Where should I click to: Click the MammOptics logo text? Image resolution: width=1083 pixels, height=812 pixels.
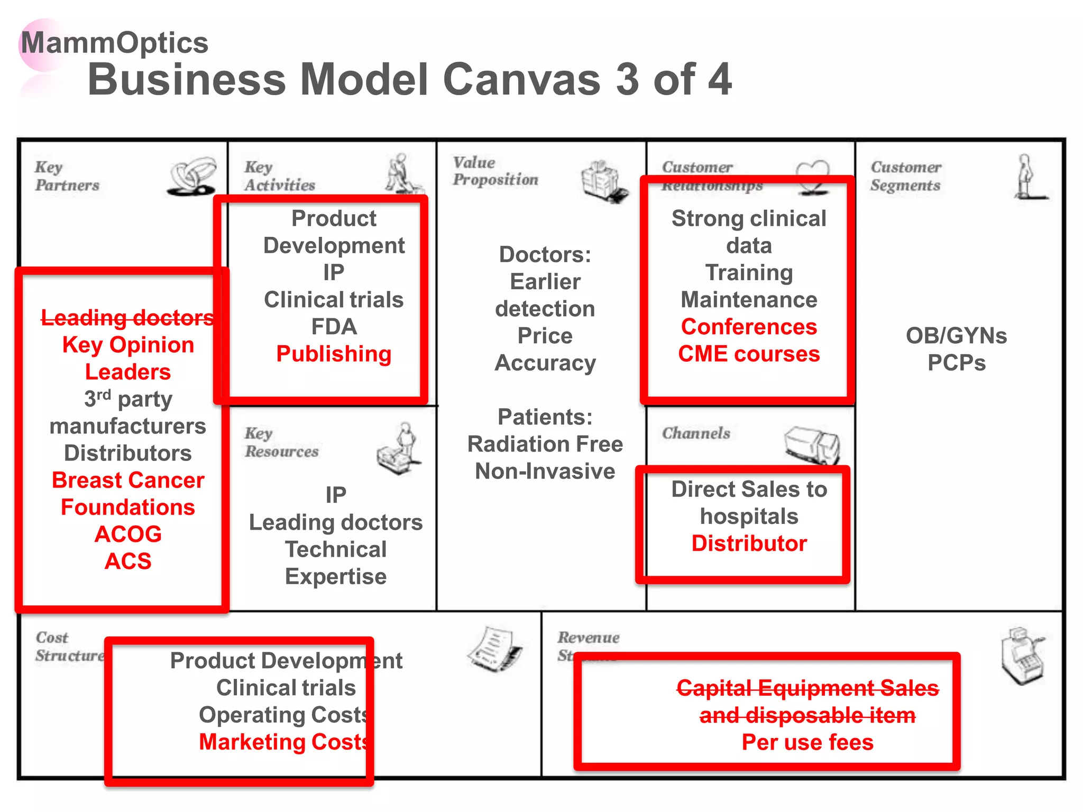click(114, 42)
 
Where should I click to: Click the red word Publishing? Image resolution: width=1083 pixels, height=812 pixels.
click(334, 354)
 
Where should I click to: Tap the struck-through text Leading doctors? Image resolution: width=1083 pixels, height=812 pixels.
click(127, 317)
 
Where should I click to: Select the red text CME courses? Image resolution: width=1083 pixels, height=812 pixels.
click(749, 354)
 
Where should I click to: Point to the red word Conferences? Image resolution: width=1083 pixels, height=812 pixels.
click(749, 327)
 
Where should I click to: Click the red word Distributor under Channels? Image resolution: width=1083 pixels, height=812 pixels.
click(749, 543)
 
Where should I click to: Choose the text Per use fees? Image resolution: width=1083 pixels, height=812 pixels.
click(807, 742)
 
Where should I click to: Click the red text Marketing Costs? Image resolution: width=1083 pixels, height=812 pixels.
click(283, 742)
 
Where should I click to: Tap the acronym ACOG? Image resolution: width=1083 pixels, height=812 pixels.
click(128, 534)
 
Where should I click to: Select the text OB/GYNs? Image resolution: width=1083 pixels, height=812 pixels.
click(956, 336)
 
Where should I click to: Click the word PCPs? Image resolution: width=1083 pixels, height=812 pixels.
click(956, 363)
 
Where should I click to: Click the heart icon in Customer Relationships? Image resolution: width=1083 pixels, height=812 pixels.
click(813, 174)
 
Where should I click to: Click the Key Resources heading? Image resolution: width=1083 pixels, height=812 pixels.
click(281, 442)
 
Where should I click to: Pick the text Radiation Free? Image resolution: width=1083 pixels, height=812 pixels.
click(545, 444)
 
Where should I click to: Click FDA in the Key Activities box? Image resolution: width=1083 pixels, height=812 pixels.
click(334, 327)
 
